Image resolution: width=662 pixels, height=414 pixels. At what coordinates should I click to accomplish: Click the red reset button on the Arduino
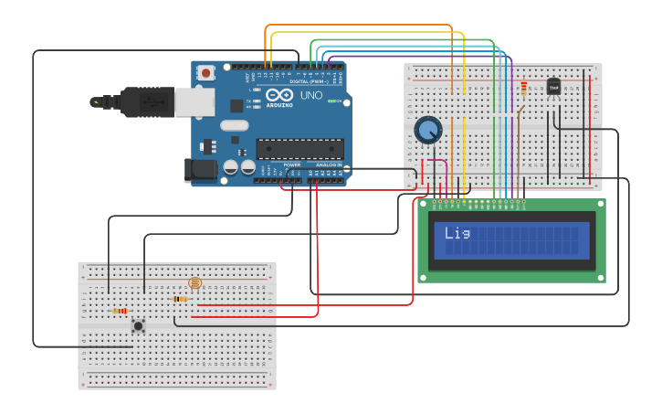coord(206,72)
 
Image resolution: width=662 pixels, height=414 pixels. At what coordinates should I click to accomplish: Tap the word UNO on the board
coord(311,95)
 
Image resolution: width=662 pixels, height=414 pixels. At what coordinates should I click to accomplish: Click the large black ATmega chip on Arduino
coord(299,149)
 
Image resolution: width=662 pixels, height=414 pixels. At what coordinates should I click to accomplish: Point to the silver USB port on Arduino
coord(194,101)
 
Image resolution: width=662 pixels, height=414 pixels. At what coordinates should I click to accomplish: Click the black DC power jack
coord(200,170)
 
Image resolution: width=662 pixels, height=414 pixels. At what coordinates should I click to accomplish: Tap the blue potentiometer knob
coord(427,130)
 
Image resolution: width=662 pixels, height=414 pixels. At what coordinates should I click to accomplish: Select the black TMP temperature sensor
coord(553,87)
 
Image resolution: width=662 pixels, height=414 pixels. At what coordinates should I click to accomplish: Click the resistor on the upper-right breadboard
coord(523,89)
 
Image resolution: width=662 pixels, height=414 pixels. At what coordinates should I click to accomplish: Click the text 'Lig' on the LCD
coord(457,233)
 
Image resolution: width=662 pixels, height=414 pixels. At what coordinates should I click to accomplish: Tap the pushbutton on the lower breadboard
coord(138,325)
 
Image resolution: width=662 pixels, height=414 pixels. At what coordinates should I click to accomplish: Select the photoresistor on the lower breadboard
coord(194,283)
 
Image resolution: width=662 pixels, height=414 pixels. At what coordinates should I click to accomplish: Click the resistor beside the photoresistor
coord(180,299)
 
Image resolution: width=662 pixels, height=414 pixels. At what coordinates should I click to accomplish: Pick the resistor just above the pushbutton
coord(120,311)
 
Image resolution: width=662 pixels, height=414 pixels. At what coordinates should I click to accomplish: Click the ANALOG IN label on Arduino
coord(329,165)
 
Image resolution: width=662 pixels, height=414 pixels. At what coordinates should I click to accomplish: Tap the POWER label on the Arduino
coord(292,165)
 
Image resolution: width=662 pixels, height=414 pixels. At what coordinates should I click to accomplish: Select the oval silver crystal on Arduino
coord(234,125)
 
